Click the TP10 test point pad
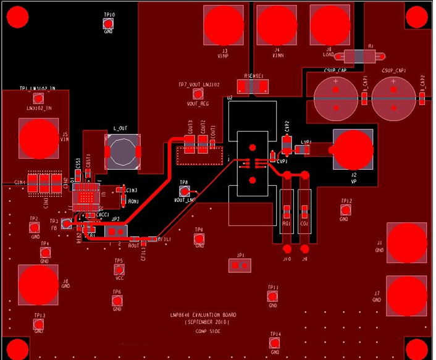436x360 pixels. [x=109, y=23]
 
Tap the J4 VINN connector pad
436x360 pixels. [x=277, y=24]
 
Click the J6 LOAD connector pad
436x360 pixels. [x=330, y=25]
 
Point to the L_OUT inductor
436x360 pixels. [x=123, y=152]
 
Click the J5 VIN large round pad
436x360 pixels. [x=38, y=139]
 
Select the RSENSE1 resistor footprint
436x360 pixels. [x=253, y=86]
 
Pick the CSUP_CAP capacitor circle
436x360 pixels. [x=336, y=99]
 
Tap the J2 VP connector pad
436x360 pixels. [x=353, y=149]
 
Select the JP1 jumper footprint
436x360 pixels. [x=240, y=266]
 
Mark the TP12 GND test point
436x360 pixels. [x=345, y=210]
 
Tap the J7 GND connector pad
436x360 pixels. [x=406, y=295]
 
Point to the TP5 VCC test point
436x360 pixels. [x=119, y=270]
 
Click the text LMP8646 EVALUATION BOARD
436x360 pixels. [x=202, y=314]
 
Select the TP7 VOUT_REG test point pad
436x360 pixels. [x=198, y=94]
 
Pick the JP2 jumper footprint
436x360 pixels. [x=116, y=231]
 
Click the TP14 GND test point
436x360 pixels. [x=275, y=343]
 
